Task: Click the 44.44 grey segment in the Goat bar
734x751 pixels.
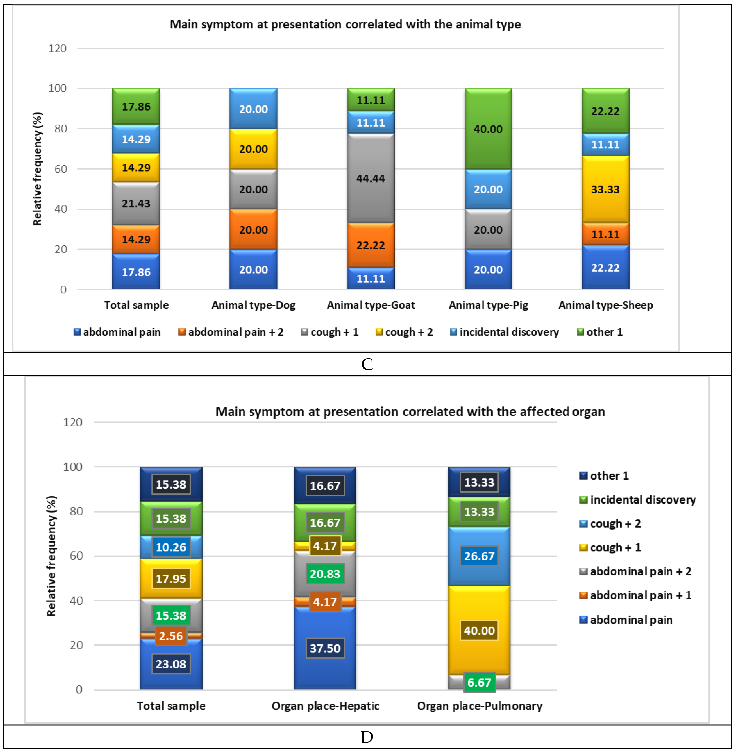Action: point(371,179)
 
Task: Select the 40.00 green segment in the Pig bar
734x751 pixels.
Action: point(488,129)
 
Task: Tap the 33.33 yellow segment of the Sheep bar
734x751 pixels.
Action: point(605,189)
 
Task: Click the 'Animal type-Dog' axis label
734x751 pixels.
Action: point(253,305)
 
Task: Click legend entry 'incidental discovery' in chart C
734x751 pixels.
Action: point(509,332)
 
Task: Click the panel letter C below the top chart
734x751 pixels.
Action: point(367,364)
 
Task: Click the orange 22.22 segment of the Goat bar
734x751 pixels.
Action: point(371,245)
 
